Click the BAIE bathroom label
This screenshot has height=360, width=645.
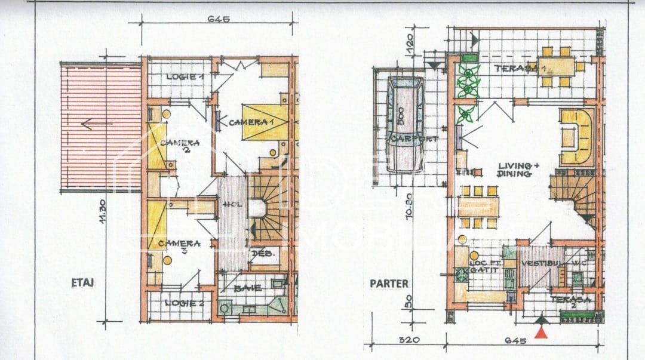[x=247, y=288]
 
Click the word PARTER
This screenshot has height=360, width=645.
[x=389, y=283]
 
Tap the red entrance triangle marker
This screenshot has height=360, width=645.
[x=541, y=332]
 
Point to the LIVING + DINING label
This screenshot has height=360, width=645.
[x=514, y=170]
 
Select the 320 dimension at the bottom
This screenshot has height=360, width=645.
[x=410, y=340]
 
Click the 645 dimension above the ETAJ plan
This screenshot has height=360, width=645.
[x=219, y=19]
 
